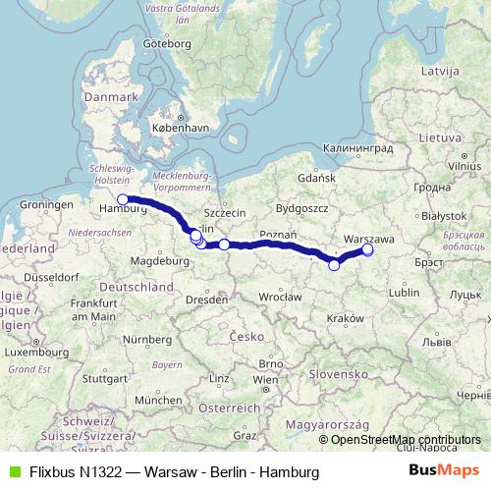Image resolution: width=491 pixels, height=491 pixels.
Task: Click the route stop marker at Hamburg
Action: point(123,199)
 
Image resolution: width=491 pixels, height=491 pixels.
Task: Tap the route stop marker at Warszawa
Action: point(367,249)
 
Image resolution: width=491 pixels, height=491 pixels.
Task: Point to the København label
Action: point(184,128)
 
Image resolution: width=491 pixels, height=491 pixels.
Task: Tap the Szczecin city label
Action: point(225,212)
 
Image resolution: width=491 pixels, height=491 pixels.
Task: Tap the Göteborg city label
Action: point(164,44)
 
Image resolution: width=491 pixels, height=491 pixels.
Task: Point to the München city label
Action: point(160,400)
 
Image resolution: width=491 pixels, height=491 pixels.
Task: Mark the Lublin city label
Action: point(405,292)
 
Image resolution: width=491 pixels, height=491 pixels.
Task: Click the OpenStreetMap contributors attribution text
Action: point(406,440)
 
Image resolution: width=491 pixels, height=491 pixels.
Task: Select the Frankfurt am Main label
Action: point(94,310)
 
